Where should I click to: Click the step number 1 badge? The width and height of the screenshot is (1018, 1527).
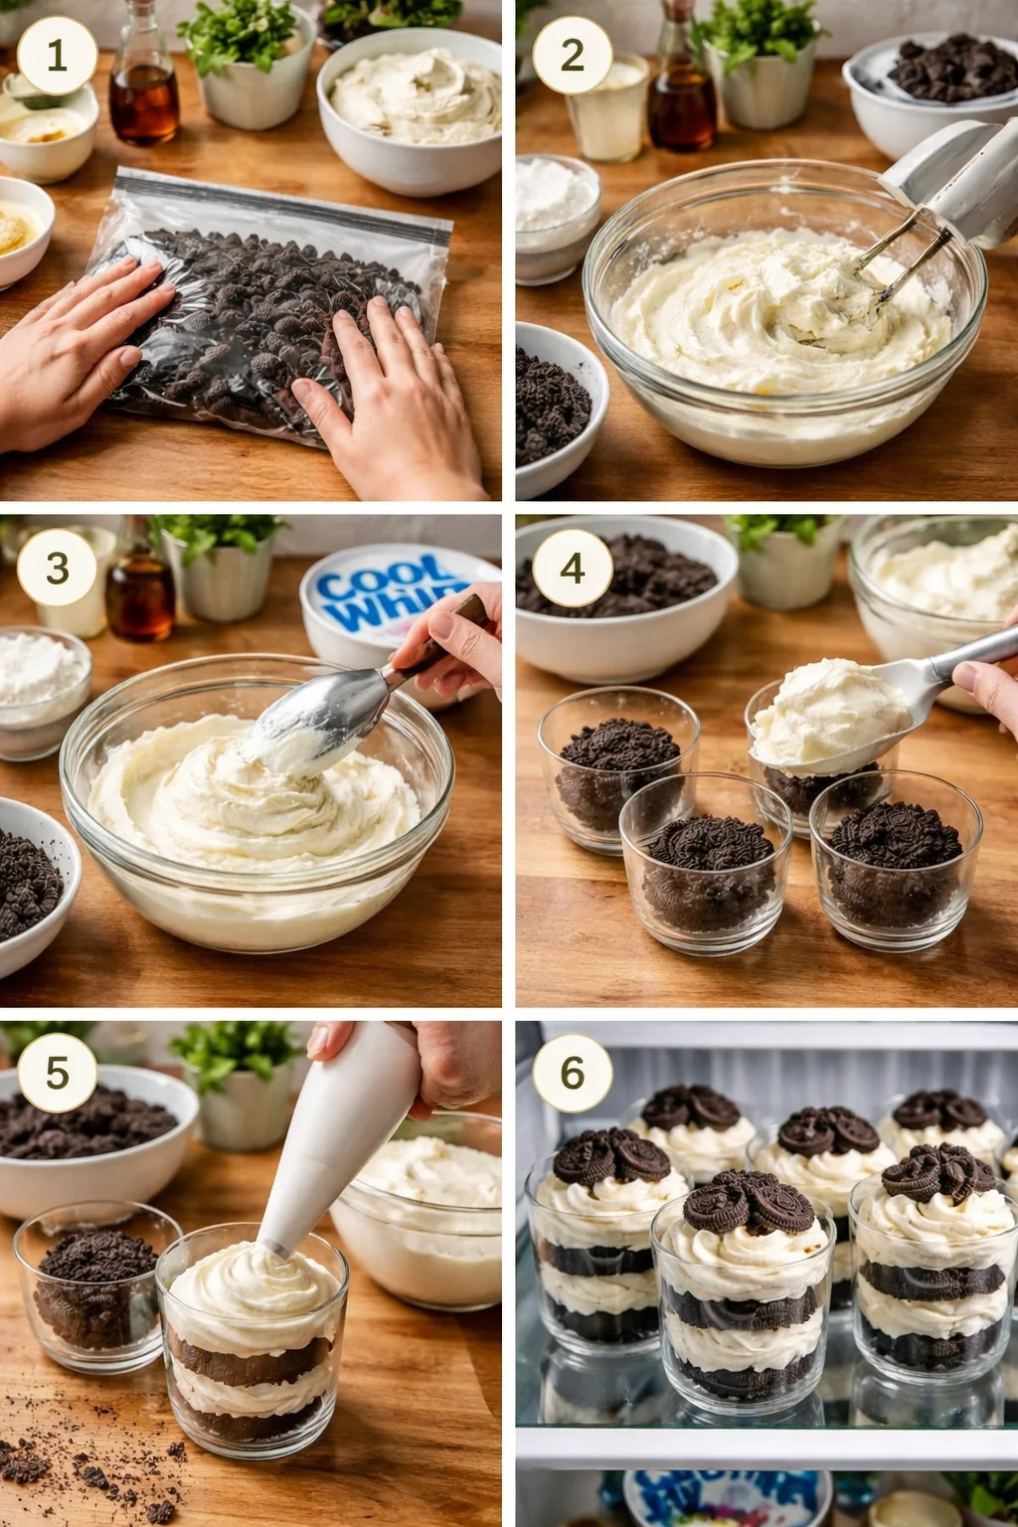point(57,56)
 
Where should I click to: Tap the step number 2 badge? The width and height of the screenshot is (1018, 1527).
point(572,56)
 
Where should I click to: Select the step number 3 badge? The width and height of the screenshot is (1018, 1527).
point(57,568)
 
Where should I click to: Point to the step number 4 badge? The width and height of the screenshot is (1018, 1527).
point(572,568)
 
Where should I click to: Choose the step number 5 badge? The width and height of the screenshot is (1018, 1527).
point(57,1074)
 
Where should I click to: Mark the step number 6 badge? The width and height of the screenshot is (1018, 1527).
point(572,1074)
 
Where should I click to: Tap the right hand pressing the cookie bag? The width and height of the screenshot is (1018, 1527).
point(388,398)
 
